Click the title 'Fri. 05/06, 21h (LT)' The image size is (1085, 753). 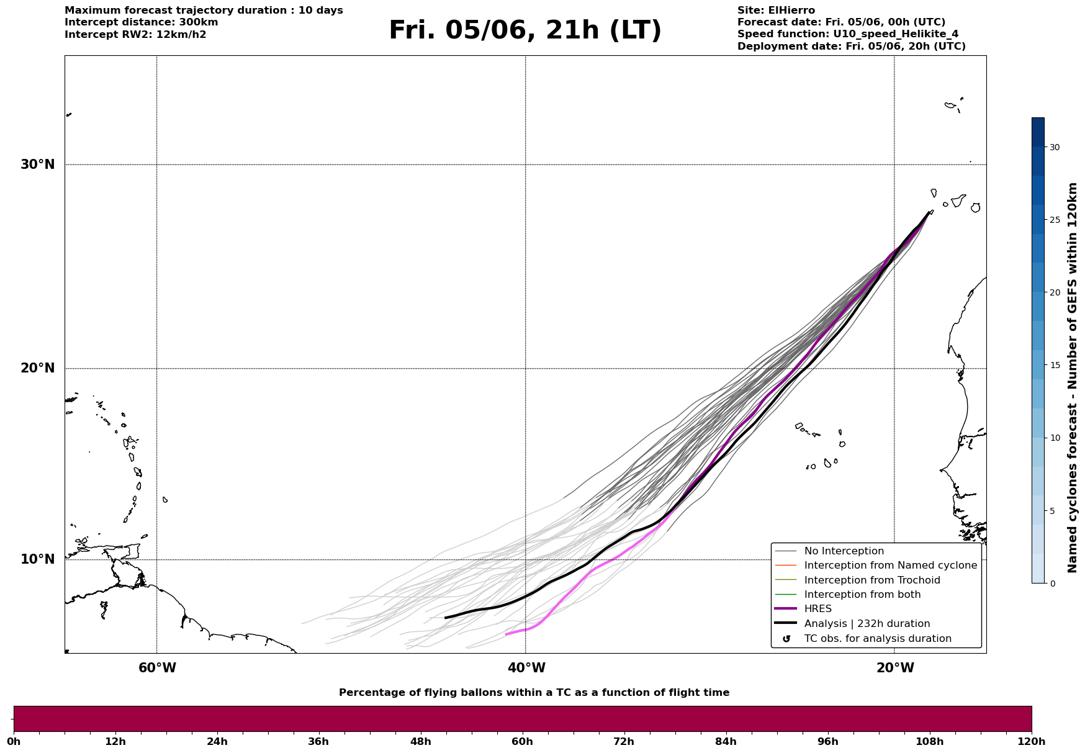[525, 30]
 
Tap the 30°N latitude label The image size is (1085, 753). [38, 165]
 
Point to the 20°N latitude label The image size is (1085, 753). [38, 368]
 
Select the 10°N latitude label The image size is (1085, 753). [38, 559]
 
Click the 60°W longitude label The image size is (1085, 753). [157, 668]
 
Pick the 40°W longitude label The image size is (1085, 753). [526, 668]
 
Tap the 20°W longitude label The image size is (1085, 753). [895, 668]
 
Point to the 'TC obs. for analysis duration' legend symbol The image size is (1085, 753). [786, 639]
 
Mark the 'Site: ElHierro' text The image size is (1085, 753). [776, 11]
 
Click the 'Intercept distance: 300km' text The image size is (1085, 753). [142, 22]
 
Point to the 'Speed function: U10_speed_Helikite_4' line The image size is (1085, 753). [848, 34]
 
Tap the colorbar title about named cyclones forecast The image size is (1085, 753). [1072, 377]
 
